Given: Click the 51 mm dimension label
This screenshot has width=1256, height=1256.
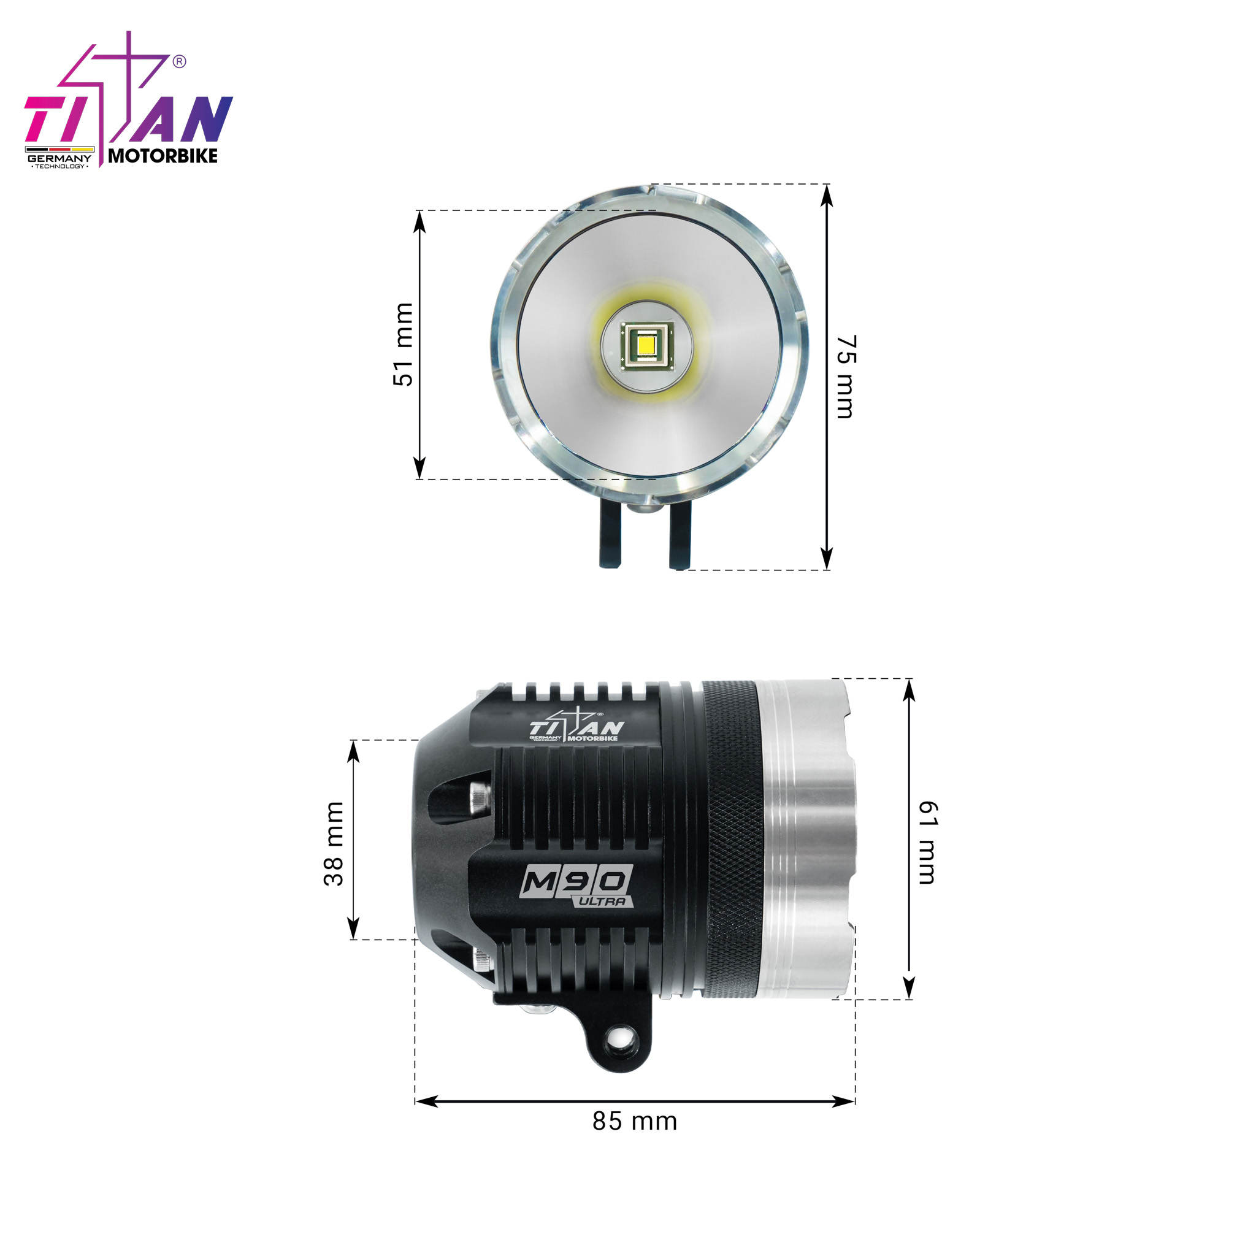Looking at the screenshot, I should pos(403,345).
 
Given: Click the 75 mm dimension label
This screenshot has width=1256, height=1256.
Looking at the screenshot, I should pos(846,377).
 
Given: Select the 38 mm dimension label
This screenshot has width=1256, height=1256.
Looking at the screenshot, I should pos(334,844).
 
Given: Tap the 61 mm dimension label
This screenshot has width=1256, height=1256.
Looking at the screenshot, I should pos(928,843).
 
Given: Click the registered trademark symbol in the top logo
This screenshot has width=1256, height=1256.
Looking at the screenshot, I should pos(180,62).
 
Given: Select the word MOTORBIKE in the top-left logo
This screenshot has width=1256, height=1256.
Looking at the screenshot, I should pos(163,156).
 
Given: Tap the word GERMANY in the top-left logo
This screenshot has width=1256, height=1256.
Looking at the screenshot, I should pos(59,158).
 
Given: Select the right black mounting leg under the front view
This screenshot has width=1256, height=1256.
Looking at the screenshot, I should pos(680,538).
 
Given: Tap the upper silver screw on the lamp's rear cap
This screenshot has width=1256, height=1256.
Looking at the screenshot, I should pos(480,797).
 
